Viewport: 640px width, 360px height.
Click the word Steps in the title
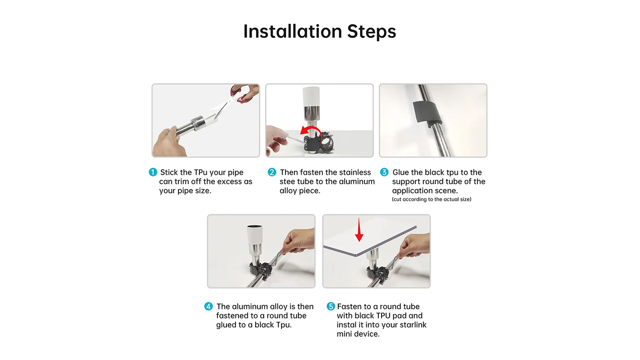pos(372,32)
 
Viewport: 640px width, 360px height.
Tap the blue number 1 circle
pos(153,172)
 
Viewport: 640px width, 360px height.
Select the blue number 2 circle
pos(272,172)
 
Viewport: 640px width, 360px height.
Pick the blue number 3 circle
pos(384,172)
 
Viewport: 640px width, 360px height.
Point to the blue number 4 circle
pos(208,306)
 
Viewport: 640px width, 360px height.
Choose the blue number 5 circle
pos(331,306)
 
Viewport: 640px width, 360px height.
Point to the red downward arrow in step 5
pos(359,230)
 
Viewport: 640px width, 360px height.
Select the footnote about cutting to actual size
pos(431,200)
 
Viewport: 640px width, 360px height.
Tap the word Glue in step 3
pos(401,172)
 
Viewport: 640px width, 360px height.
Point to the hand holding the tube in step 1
pos(168,143)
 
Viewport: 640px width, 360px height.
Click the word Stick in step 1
pos(169,172)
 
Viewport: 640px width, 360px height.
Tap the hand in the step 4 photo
pos(297,242)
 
